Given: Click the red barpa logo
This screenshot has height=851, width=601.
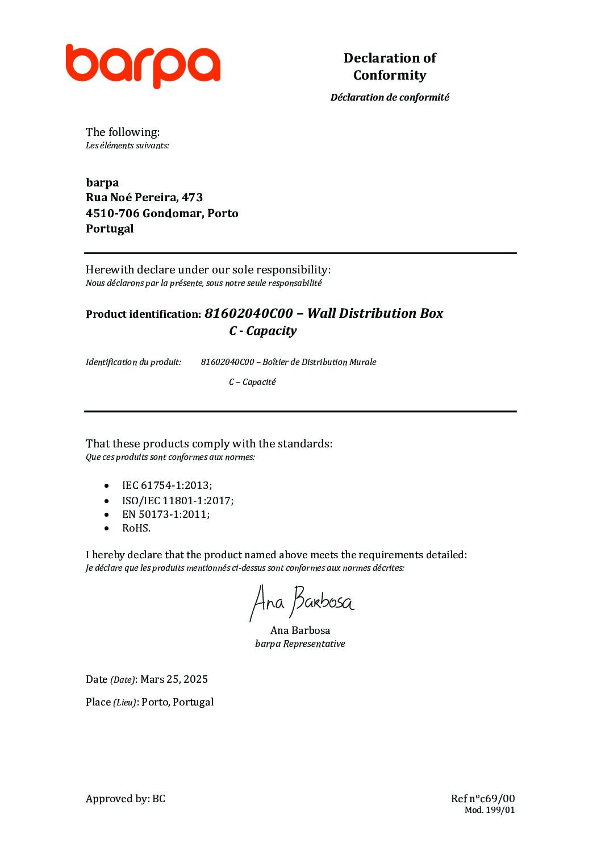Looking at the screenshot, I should click(143, 65).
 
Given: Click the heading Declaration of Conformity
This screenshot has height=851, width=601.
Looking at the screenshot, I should click(390, 67).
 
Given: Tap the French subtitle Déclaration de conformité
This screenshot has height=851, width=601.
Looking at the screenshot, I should click(390, 97).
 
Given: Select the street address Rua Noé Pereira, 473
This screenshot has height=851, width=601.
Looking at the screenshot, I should click(144, 197).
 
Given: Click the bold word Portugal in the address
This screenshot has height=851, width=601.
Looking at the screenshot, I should click(110, 229).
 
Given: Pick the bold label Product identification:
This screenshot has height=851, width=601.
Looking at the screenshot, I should click(143, 314).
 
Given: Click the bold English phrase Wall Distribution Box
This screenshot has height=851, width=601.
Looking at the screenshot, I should click(375, 313).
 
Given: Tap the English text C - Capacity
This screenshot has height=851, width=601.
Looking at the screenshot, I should click(262, 331).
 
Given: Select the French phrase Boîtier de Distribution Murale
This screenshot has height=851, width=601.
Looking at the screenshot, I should click(319, 362).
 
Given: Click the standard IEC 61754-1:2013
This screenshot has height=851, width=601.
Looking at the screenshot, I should click(166, 485).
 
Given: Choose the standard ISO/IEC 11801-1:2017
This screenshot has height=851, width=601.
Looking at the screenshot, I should click(177, 501).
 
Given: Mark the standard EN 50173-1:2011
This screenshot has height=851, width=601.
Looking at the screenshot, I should click(165, 514).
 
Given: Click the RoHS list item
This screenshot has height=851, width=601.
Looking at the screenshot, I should click(136, 528).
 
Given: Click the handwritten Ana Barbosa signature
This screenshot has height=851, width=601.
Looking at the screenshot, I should click(302, 602).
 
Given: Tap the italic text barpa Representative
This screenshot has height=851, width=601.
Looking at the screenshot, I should click(300, 644).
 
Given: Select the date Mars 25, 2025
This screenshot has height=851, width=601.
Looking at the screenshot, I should click(174, 679).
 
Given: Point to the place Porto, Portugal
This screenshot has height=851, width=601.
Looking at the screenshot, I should click(177, 702).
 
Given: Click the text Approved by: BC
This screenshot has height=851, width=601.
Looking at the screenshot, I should click(126, 799).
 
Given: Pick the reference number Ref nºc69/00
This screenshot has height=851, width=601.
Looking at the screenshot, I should click(483, 799).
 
